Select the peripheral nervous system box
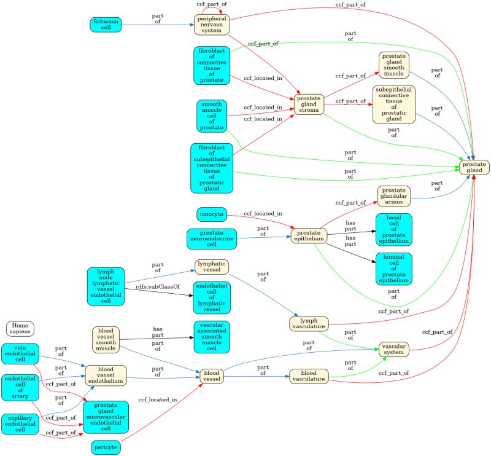pyautogui.click(x=211, y=24)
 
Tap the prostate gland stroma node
pyautogui.click(x=308, y=106)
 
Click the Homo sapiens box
pyautogui.click(x=20, y=329)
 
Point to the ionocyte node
pyautogui.click(x=211, y=214)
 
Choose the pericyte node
pyautogui.click(x=106, y=447)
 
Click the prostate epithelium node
pyautogui.click(x=308, y=237)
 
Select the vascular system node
pyautogui.click(x=393, y=350)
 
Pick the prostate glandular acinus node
pyautogui.click(x=393, y=195)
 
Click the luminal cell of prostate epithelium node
pyautogui.click(x=393, y=269)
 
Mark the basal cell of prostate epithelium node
pyautogui.click(x=393, y=229)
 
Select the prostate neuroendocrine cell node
pyautogui.click(x=211, y=238)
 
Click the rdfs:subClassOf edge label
pyautogui.click(x=153, y=286)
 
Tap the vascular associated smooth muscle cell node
pyautogui.click(x=211, y=337)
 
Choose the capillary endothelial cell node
pyautogui.click(x=20, y=423)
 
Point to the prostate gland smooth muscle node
pyautogui.click(x=393, y=65)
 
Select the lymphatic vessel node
pyautogui.click(x=211, y=266)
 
